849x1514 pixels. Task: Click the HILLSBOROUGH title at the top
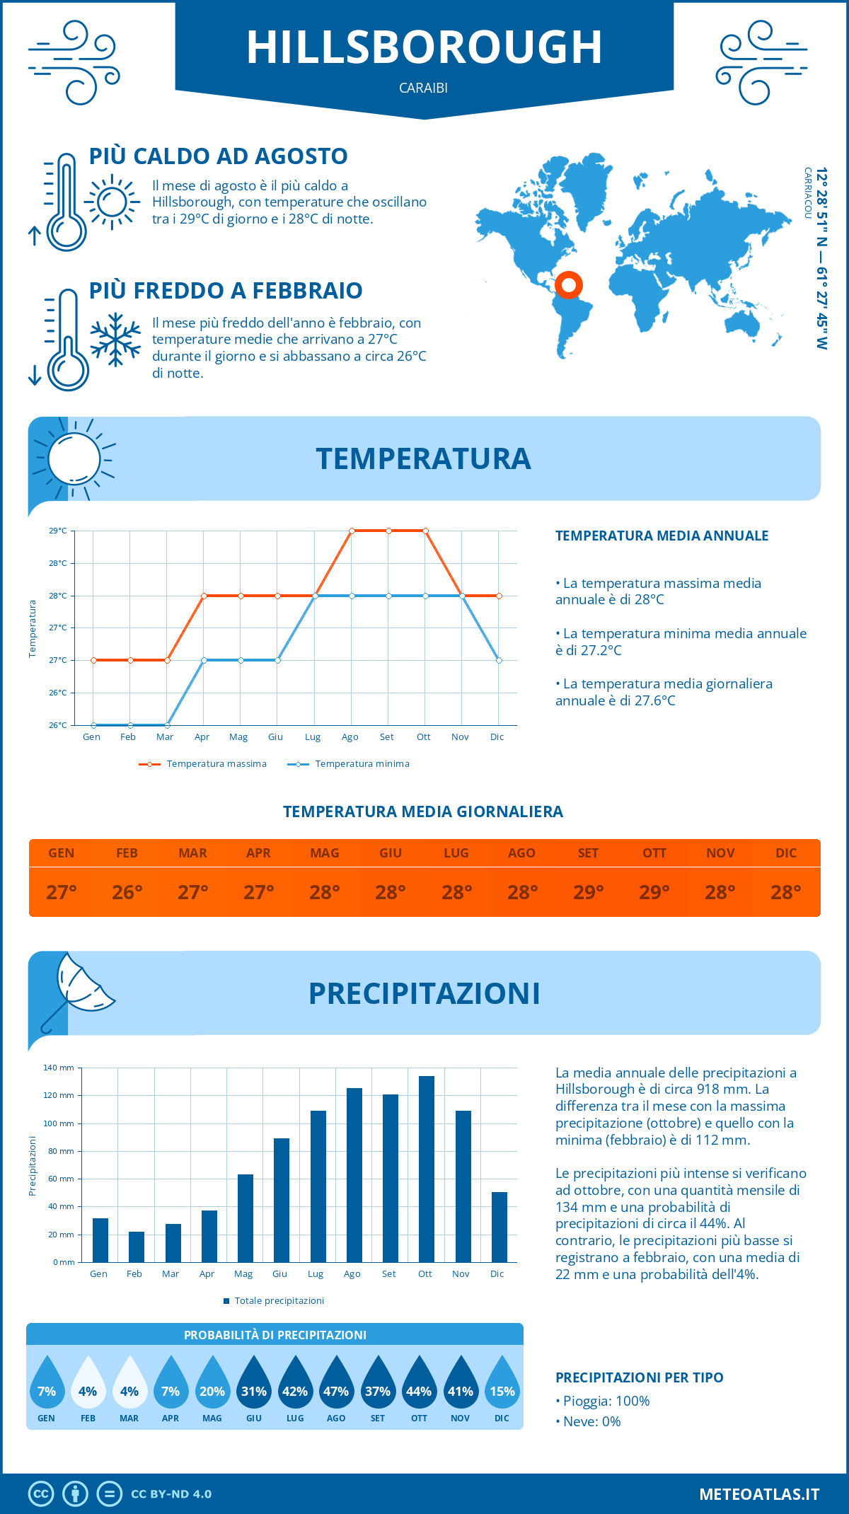click(424, 47)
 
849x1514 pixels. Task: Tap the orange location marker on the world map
click(568, 285)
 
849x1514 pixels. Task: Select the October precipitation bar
click(426, 1169)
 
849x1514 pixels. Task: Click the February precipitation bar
click(136, 1247)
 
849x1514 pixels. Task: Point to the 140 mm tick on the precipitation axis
click(59, 1068)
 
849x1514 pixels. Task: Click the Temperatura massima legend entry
click(203, 764)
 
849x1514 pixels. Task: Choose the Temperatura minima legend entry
click(349, 764)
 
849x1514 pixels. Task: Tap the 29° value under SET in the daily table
click(588, 892)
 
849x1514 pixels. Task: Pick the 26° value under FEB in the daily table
click(127, 892)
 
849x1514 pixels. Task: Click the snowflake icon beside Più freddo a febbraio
click(115, 340)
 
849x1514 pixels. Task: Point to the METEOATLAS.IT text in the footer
click(758, 1493)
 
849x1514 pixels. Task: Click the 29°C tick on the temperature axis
click(58, 531)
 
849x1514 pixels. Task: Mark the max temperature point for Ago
click(352, 531)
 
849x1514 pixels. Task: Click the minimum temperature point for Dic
click(499, 660)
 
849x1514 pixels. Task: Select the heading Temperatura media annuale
click(662, 536)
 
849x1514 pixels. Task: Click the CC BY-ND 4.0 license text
click(171, 1493)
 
